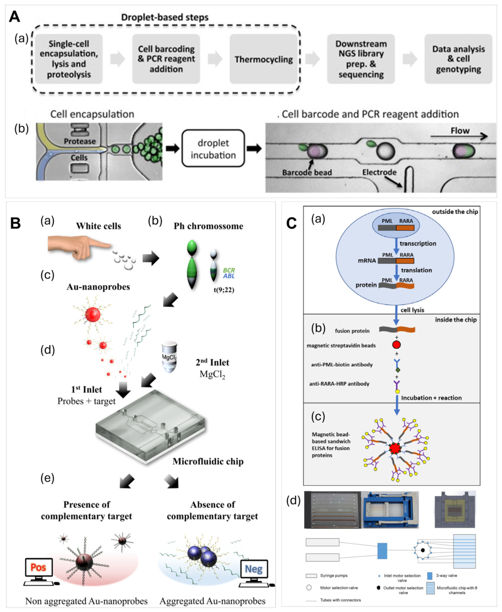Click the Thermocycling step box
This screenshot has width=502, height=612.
tap(264, 59)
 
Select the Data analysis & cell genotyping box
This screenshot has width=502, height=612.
tap(459, 59)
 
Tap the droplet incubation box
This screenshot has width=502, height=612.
tap(214, 148)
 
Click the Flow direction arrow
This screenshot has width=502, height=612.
tap(459, 136)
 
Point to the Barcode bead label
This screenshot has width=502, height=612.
tap(307, 173)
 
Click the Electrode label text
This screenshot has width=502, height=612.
tap(379, 172)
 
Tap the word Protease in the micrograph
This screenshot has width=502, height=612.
tap(80, 141)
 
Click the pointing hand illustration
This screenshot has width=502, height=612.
tap(79, 247)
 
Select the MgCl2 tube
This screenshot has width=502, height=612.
tap(169, 357)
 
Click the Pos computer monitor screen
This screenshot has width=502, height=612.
tap(38, 567)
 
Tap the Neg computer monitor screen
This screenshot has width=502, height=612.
tap(254, 569)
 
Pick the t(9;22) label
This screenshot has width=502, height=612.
tap(224, 290)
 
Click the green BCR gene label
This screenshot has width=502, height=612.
tap(229, 270)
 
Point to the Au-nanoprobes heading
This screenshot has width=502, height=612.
tap(99, 287)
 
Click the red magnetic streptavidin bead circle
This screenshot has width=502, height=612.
tap(396, 345)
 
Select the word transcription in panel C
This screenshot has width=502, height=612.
tap(418, 244)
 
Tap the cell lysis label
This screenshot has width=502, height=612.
tap(412, 310)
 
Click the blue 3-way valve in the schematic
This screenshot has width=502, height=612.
tap(382, 551)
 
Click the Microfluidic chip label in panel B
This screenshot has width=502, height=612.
tap(208, 462)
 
